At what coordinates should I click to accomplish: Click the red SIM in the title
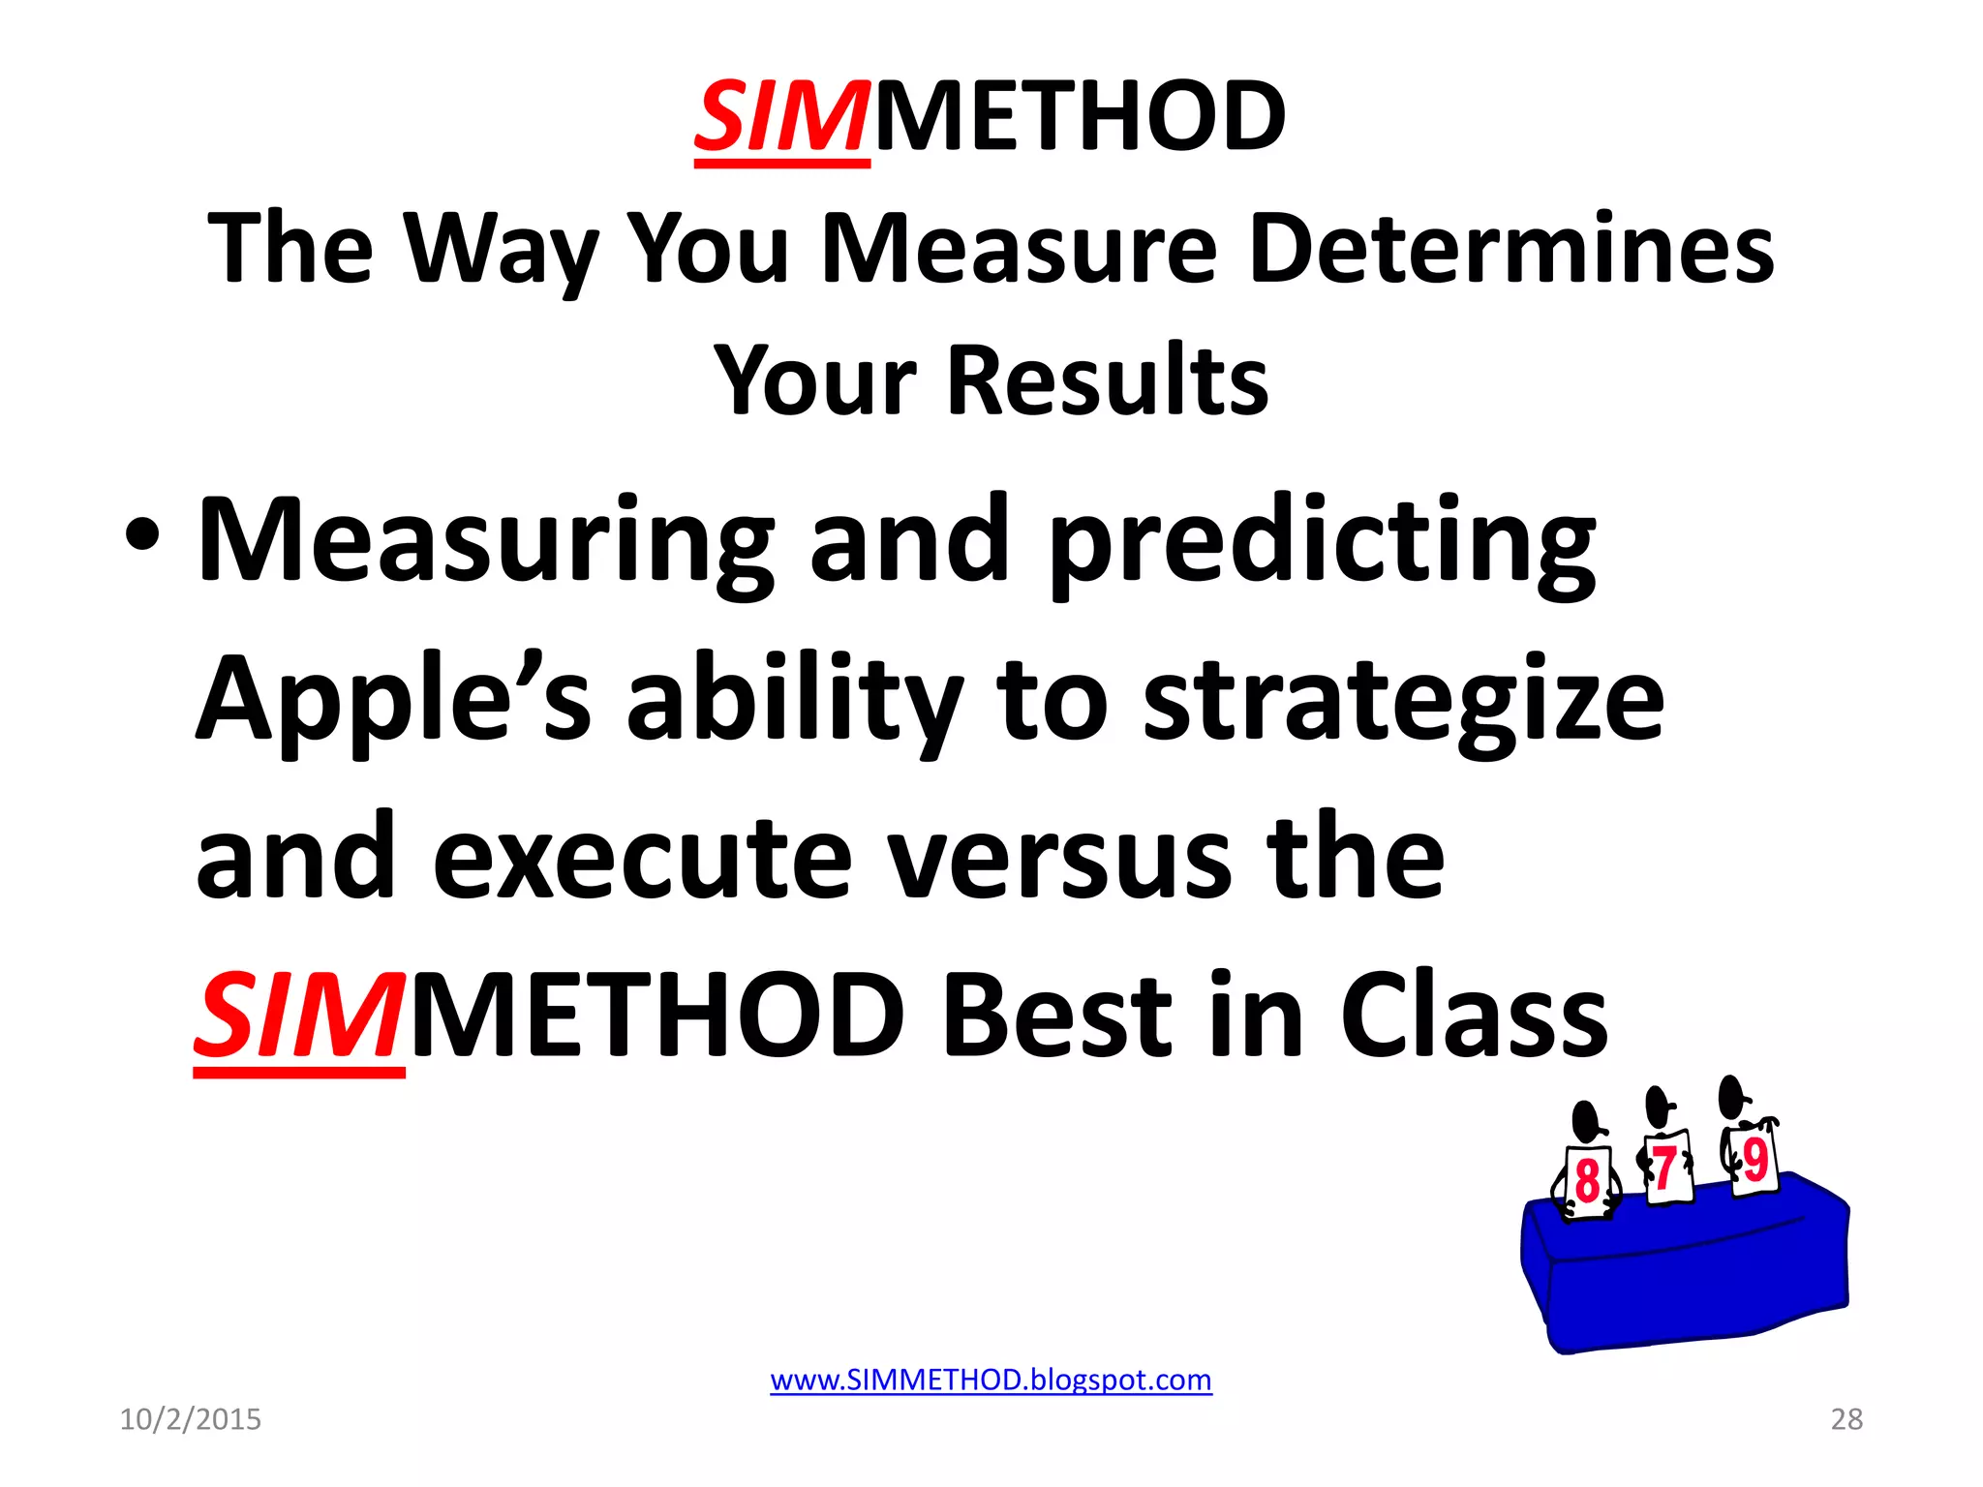click(x=780, y=118)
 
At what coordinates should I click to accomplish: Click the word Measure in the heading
click(x=1018, y=249)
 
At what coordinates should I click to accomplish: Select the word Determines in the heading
click(x=1511, y=249)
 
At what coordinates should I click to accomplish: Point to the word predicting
click(x=1323, y=542)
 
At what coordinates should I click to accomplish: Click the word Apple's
click(x=392, y=699)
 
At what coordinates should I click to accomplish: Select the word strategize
click(x=1403, y=699)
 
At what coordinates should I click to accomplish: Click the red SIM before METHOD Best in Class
click(x=297, y=1017)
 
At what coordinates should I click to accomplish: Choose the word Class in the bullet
click(x=1473, y=1017)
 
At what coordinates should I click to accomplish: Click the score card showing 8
click(x=1586, y=1181)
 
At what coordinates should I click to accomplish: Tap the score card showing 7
click(x=1667, y=1168)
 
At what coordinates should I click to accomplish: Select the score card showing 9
click(x=1754, y=1160)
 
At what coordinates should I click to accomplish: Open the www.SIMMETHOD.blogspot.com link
click(x=991, y=1380)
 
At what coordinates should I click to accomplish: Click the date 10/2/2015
click(x=190, y=1419)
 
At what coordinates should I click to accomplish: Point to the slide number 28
click(x=1846, y=1419)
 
